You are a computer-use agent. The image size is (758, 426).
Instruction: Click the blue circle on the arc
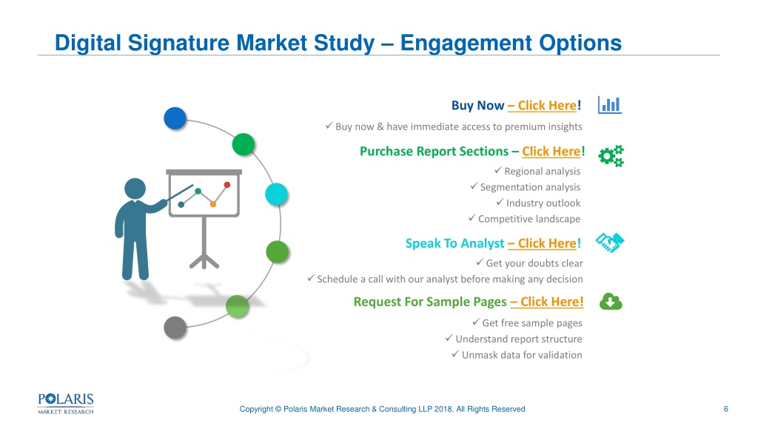point(175,118)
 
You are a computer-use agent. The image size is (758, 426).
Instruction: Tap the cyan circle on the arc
point(277,195)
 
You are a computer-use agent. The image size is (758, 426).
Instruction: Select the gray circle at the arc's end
point(175,328)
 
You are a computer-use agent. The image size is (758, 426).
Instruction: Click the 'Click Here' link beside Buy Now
point(542,106)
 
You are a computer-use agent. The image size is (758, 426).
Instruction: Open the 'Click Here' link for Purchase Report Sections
point(551,151)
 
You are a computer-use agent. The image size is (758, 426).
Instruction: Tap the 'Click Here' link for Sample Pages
point(547,302)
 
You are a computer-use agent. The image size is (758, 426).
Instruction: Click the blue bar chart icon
point(610,105)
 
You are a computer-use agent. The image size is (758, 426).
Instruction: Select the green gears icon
point(611,156)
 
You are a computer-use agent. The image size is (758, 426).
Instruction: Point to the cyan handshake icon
point(610,243)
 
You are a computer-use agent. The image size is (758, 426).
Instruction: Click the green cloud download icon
point(611,302)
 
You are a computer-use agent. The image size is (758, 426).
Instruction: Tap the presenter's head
point(135,189)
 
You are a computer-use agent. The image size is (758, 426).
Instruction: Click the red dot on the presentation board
point(227,184)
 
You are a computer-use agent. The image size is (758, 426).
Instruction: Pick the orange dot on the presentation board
point(212,204)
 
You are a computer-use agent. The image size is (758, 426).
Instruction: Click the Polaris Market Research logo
point(66,404)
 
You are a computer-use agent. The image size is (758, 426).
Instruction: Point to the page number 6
point(725,409)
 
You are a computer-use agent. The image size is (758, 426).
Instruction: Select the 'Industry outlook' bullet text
point(543,203)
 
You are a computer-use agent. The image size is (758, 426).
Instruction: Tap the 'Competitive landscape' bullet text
point(529,219)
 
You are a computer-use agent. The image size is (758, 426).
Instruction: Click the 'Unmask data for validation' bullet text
point(522,355)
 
